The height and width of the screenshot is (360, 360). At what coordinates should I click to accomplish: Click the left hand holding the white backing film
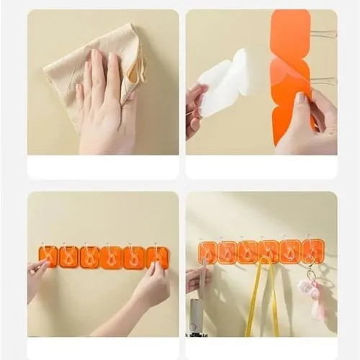coord(194,108)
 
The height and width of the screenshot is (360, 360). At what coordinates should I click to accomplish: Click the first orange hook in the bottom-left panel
coord(48,256)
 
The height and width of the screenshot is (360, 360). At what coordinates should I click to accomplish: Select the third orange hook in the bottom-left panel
coord(90,257)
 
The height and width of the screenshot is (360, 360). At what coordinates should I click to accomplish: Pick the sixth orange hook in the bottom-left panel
coord(157,257)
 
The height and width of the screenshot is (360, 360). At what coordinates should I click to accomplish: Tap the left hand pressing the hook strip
coord(36,277)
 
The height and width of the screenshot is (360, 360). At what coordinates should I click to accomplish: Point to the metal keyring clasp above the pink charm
coord(310,274)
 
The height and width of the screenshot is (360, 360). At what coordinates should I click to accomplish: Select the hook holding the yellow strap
coord(269,251)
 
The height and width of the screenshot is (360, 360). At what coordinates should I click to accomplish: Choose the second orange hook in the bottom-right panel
coord(228,252)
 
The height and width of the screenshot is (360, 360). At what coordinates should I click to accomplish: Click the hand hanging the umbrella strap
coord(196,277)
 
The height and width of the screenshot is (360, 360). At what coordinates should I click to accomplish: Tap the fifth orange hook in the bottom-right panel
coord(290,251)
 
